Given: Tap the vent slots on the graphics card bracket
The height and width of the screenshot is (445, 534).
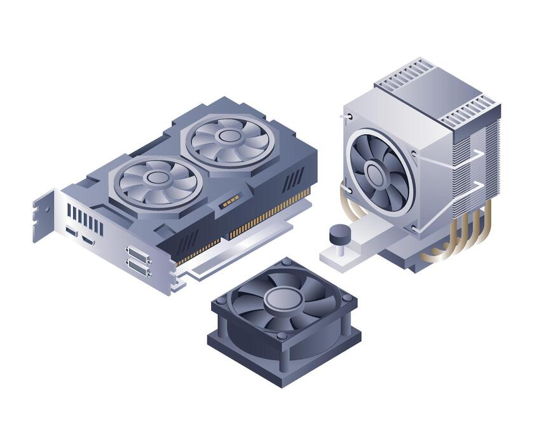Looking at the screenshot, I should tap(85, 218).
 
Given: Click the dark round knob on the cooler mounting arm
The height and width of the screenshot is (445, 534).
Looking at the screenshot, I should tap(338, 233).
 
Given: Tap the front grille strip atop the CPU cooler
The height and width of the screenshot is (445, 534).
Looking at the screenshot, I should tap(471, 111).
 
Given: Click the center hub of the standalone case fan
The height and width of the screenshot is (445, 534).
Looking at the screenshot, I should tap(284, 298).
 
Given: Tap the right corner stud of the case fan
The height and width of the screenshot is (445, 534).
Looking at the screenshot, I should tap(346, 298).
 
